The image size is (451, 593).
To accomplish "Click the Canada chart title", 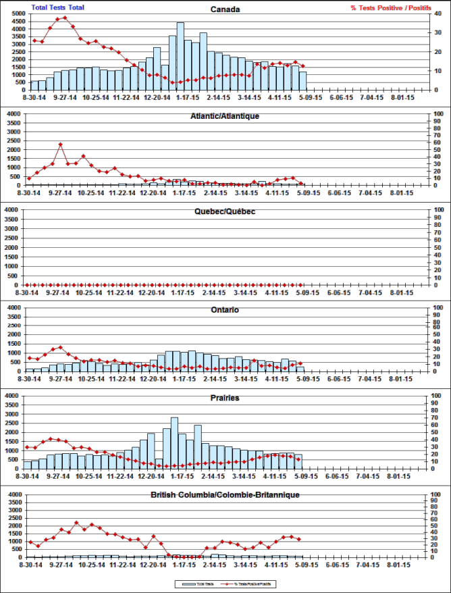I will click(x=225, y=9).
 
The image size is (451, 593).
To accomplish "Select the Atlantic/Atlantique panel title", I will click(x=225, y=116).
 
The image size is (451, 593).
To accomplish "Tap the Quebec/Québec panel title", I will click(x=225, y=211).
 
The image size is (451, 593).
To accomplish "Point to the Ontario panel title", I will click(x=225, y=310).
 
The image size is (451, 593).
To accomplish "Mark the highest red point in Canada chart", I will click(x=65, y=18).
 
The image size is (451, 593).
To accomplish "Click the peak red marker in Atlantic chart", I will click(x=61, y=145).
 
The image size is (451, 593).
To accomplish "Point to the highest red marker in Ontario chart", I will click(x=61, y=348).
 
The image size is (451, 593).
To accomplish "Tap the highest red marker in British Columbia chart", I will click(x=76, y=523).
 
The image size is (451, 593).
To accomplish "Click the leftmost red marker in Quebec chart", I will click(x=29, y=284).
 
